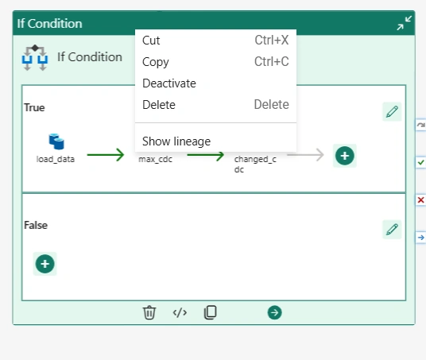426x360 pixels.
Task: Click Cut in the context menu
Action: click(151, 41)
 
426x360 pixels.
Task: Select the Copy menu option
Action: click(156, 62)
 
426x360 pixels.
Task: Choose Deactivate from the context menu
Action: click(169, 83)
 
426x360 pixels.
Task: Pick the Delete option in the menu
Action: click(159, 105)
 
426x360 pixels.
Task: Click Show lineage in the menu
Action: click(176, 141)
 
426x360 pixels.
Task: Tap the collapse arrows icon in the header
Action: click(404, 23)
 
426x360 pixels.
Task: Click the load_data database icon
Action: click(56, 141)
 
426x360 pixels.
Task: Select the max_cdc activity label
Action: click(155, 159)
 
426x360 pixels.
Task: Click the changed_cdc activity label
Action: click(255, 164)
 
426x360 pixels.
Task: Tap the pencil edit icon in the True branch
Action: click(392, 112)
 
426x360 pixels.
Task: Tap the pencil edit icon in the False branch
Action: click(392, 230)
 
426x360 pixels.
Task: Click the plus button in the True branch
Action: click(345, 156)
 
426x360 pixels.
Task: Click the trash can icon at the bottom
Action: click(149, 312)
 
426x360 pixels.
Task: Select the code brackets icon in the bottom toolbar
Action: click(180, 313)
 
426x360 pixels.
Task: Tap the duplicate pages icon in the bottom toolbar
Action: click(211, 312)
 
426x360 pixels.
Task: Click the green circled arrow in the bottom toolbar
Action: click(274, 312)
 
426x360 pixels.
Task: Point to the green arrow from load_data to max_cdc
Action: click(106, 155)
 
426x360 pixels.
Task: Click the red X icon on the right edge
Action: click(421, 200)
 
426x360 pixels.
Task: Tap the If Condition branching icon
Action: click(35, 57)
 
